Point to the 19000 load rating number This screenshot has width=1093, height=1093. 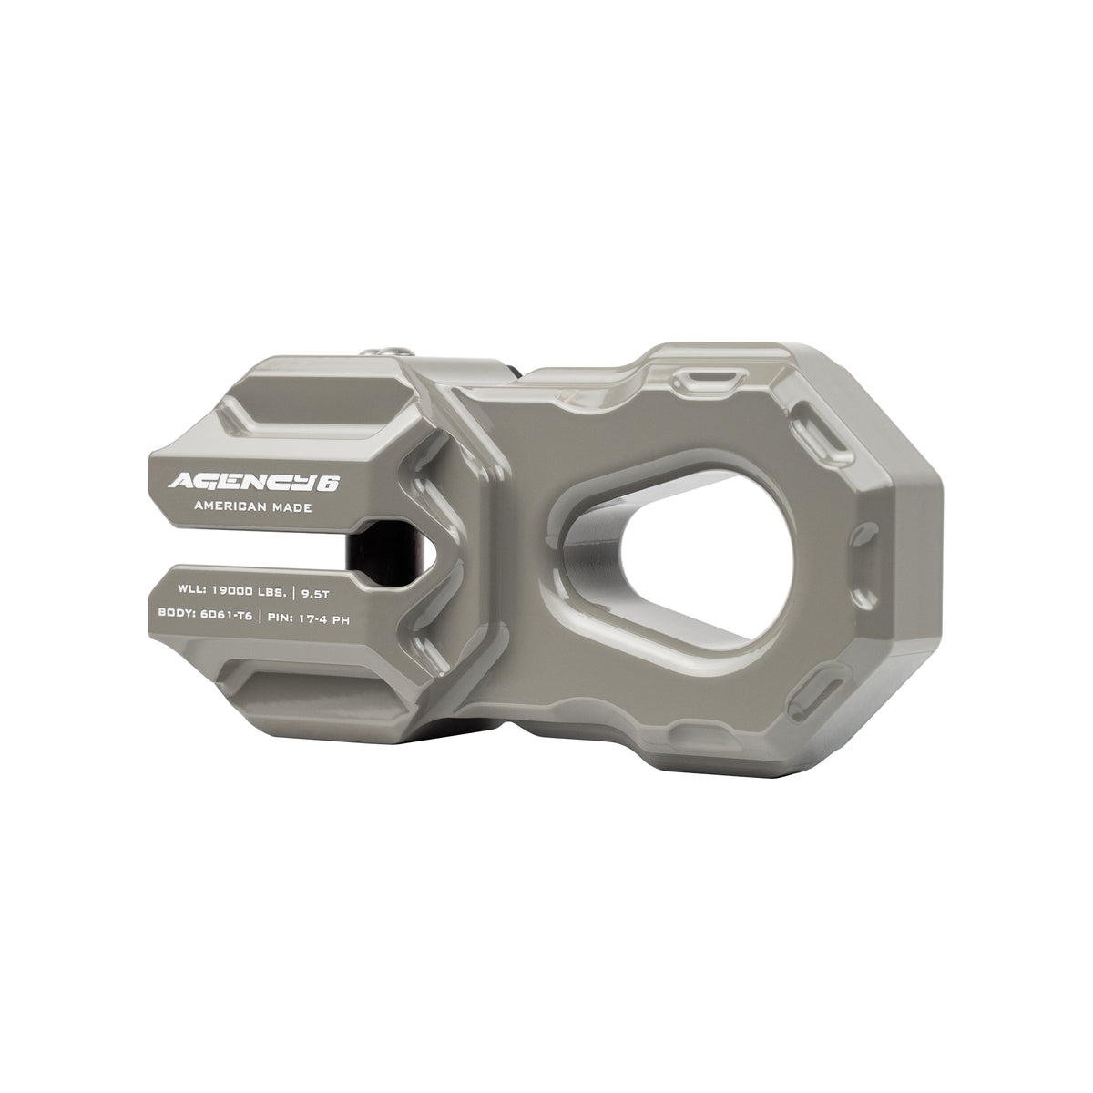(213, 590)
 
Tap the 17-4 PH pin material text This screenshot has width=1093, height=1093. (320, 616)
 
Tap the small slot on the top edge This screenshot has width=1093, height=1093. (708, 376)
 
